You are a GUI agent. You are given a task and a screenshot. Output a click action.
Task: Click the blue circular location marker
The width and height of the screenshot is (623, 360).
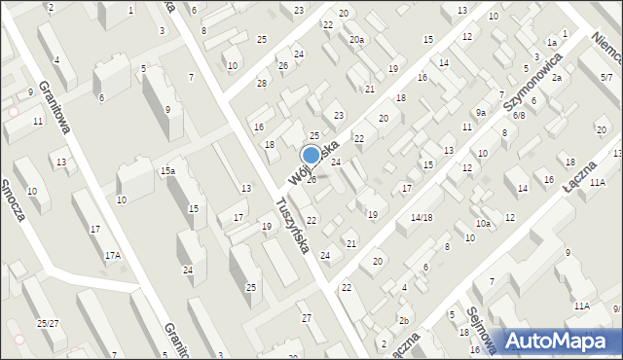[x=311, y=155]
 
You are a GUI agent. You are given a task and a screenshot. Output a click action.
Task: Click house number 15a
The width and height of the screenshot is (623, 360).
[x=168, y=171]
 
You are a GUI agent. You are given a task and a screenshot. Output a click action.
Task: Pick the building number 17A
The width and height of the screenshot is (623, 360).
[x=113, y=255]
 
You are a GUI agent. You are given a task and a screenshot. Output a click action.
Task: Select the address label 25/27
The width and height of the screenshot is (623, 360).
[x=48, y=322]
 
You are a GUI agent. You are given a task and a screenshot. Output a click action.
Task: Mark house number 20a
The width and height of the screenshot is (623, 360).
[x=357, y=39]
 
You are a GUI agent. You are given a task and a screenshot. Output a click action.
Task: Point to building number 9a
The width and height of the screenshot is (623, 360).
[x=480, y=113]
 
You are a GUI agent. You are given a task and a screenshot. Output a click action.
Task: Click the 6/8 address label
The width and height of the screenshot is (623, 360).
[x=519, y=115]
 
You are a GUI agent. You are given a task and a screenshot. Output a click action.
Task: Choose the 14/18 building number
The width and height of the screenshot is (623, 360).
[x=421, y=217]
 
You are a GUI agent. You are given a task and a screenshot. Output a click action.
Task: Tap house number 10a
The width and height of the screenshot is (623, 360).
[x=483, y=223]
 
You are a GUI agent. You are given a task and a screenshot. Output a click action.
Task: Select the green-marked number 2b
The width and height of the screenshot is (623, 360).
[x=403, y=320]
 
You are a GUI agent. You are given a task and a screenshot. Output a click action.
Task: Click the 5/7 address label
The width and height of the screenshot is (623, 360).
[x=606, y=63]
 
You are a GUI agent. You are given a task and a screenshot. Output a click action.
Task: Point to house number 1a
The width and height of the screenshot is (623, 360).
[x=551, y=43]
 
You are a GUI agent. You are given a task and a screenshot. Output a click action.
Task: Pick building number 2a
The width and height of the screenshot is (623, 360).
[x=556, y=77]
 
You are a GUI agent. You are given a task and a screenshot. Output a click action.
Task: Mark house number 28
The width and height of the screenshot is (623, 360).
[x=261, y=83]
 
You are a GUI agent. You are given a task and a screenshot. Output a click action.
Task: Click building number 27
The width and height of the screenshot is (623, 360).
[x=306, y=318]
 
